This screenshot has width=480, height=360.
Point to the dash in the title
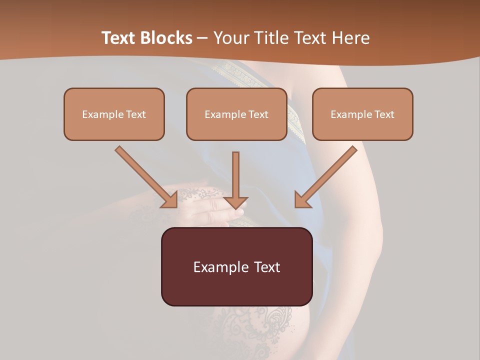point(202,38)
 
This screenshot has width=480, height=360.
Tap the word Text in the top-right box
point(384,114)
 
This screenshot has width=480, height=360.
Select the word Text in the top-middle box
point(258,114)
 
